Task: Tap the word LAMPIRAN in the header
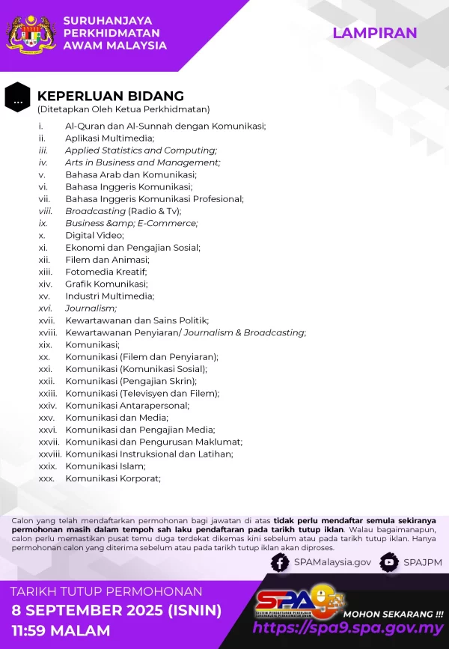[375, 33]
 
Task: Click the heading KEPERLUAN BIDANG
[111, 96]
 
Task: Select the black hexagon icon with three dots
[17, 97]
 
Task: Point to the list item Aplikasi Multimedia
[109, 138]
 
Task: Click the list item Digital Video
[94, 235]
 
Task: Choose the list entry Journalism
[91, 308]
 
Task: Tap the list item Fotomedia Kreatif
[106, 272]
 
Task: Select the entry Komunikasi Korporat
[112, 478]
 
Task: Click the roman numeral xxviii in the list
[49, 454]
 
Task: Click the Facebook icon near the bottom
[280, 562]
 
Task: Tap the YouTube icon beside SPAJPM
[388, 562]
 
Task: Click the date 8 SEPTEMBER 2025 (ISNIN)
[116, 610]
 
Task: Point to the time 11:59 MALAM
[60, 630]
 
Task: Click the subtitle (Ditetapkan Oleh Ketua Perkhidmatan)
[123, 109]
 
